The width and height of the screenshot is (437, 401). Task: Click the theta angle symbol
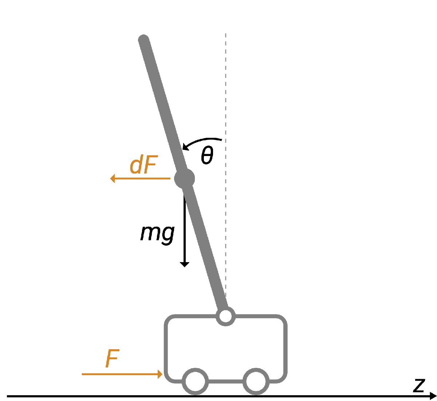207,156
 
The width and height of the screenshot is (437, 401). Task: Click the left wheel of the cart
196,381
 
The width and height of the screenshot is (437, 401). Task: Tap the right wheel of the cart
256,381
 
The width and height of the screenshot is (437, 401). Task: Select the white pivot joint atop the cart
226,316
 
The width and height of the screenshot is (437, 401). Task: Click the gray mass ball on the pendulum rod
184,179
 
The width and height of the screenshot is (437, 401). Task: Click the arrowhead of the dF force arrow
113,179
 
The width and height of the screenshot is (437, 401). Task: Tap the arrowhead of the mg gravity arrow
185,264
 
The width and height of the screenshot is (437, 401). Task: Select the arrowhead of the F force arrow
160,374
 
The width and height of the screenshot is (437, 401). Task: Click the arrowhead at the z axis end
433,396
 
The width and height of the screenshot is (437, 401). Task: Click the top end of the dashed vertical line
226,34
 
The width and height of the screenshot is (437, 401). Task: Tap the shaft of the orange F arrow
120,374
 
